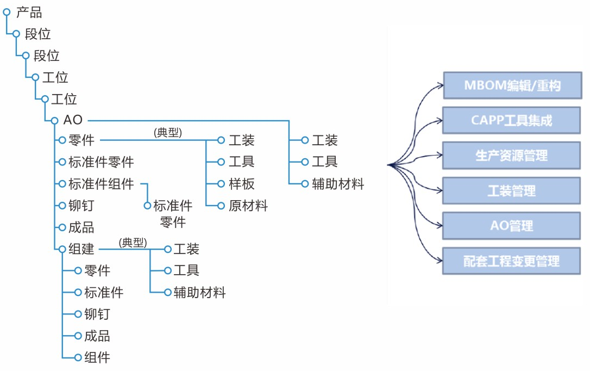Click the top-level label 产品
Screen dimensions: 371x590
[x=29, y=12]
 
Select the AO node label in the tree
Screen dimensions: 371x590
[x=73, y=120]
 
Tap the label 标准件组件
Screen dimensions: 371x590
[x=101, y=184]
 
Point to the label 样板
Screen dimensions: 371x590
[x=241, y=184]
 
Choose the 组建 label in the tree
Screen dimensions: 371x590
[x=81, y=249]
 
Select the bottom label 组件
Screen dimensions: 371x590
[x=97, y=357]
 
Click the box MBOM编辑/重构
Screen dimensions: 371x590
[x=512, y=85]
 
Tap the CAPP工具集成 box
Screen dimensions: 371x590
[x=512, y=121]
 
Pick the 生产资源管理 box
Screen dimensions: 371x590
[x=512, y=156]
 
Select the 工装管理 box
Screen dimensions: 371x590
[x=512, y=191]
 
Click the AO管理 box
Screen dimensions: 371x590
[x=512, y=226]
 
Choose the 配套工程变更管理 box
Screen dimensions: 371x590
[x=512, y=261]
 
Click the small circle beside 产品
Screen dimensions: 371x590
[x=7, y=11]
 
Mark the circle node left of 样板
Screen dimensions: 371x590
[x=221, y=184]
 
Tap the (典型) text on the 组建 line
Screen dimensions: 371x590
[x=133, y=242]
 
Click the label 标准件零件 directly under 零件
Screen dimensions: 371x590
[x=101, y=162]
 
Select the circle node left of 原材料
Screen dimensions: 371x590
[x=221, y=206]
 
